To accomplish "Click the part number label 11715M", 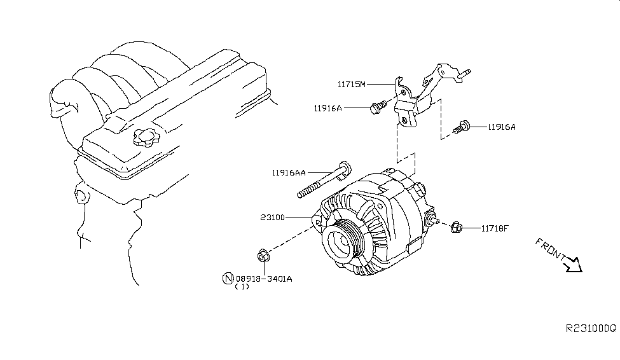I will (352, 83).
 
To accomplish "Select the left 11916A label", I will (327, 108).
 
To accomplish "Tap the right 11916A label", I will (502, 127).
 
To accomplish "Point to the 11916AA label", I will (289, 172).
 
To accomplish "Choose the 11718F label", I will (494, 227).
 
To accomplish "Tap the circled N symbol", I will (227, 278).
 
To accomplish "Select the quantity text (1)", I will (242, 287).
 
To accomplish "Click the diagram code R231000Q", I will (591, 328).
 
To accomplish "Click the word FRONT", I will (551, 249).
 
